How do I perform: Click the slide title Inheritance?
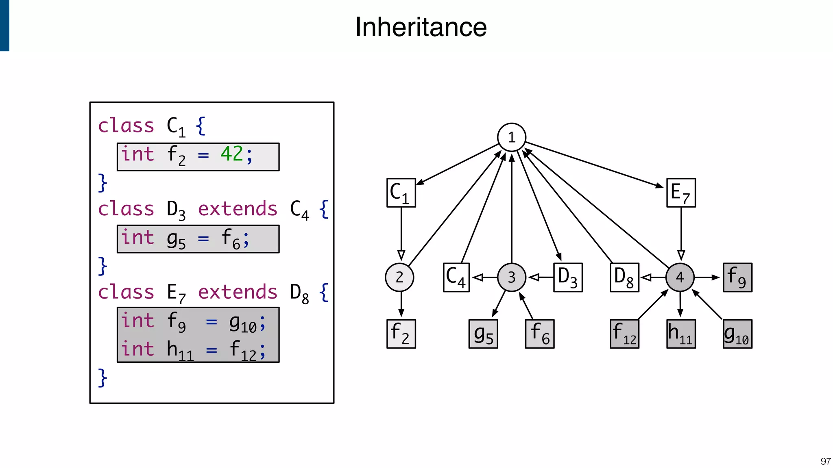point(421,27)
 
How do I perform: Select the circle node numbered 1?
point(512,137)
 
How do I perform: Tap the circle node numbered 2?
point(399,277)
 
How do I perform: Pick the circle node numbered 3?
point(512,277)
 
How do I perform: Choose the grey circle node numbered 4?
point(680,277)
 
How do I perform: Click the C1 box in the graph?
point(401,193)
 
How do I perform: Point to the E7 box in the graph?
point(681,193)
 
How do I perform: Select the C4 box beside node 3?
point(456,277)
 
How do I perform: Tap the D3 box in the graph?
point(568,277)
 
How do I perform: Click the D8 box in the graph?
point(624,277)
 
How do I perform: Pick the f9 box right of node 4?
point(737,277)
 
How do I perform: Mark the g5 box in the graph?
point(483,334)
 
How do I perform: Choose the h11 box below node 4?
point(681,334)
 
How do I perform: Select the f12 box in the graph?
point(624,334)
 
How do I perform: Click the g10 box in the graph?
point(737,334)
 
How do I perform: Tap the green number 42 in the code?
point(231,154)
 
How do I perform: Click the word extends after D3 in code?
point(238,209)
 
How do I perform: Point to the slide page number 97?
point(825,461)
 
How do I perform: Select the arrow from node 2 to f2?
point(401,305)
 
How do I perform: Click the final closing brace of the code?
point(102,378)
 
